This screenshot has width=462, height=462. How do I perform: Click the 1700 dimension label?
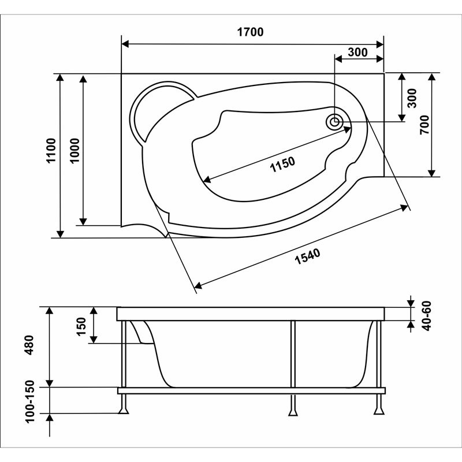[250, 32]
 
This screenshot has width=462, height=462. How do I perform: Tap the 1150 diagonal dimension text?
[282, 165]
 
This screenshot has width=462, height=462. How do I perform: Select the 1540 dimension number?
[307, 256]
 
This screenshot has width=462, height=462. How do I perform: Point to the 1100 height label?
[51, 150]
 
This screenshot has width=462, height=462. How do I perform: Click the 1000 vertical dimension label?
[75, 150]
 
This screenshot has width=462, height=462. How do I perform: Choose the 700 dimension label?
[424, 125]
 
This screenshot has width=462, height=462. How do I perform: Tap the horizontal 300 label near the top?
[357, 52]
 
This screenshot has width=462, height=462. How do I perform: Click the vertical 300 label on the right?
[412, 98]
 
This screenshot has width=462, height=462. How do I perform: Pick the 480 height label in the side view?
[29, 345]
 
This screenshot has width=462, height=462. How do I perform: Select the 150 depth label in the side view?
[81, 326]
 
